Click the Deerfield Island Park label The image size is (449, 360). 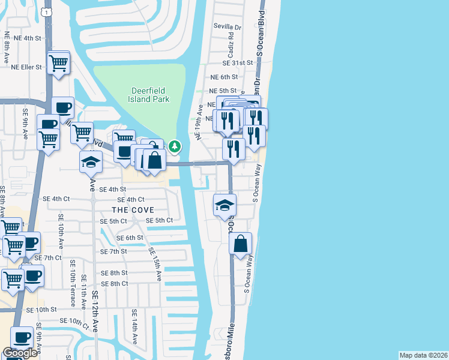pyautogui.click(x=150, y=95)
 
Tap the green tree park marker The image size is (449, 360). pyautogui.click(x=174, y=146)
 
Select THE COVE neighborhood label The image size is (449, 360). pyautogui.click(x=132, y=210)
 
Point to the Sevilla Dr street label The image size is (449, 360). pyautogui.click(x=228, y=27)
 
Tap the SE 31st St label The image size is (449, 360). pyautogui.click(x=238, y=63)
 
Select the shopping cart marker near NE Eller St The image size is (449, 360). pyautogui.click(x=58, y=62)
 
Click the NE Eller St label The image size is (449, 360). pyautogui.click(x=27, y=67)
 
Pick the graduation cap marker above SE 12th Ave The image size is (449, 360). pyautogui.click(x=91, y=162)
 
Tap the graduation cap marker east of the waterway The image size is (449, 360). pyautogui.click(x=224, y=205)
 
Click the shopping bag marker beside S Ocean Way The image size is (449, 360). pyautogui.click(x=240, y=244)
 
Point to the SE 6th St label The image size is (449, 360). pyautogui.click(x=130, y=238)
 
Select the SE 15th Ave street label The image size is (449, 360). pyautogui.click(x=155, y=265)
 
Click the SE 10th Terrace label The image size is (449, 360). pyautogui.click(x=72, y=287)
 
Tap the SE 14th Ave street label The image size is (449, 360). pyautogui.click(x=134, y=326)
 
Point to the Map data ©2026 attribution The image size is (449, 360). pyautogui.click(x=423, y=355)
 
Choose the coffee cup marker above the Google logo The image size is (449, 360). pyautogui.click(x=22, y=338)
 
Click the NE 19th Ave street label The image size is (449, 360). pyautogui.click(x=197, y=123)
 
